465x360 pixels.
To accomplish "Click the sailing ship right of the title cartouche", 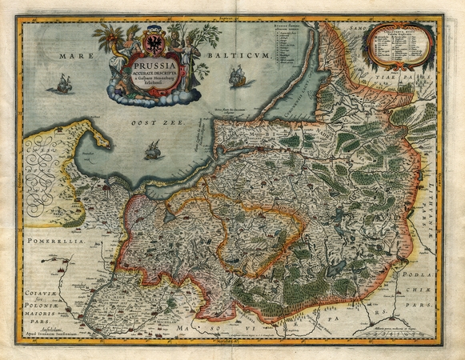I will tap(238, 78).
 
